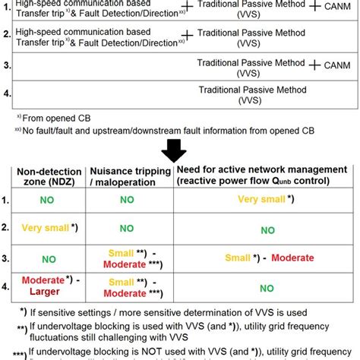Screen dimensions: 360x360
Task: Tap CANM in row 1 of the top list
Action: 337,8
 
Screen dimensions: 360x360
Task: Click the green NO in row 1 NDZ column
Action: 49,201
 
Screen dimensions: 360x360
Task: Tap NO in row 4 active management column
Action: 267,289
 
